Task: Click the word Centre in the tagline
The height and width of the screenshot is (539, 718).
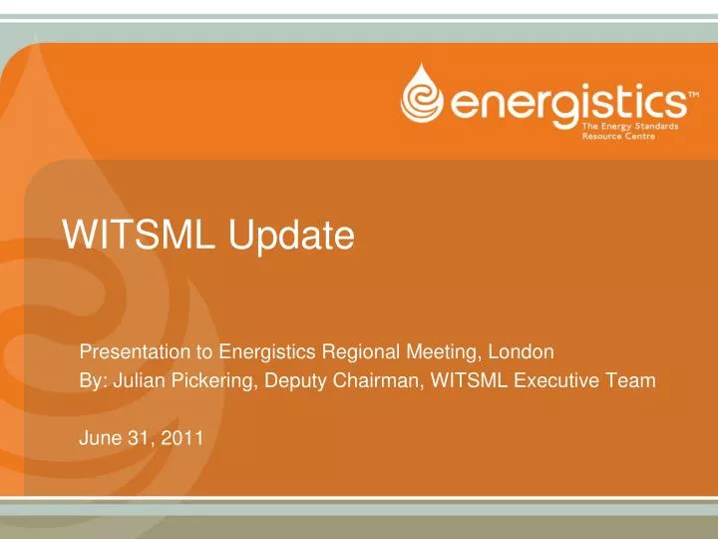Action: [635, 139]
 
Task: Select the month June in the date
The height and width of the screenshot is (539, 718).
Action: [98, 435]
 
